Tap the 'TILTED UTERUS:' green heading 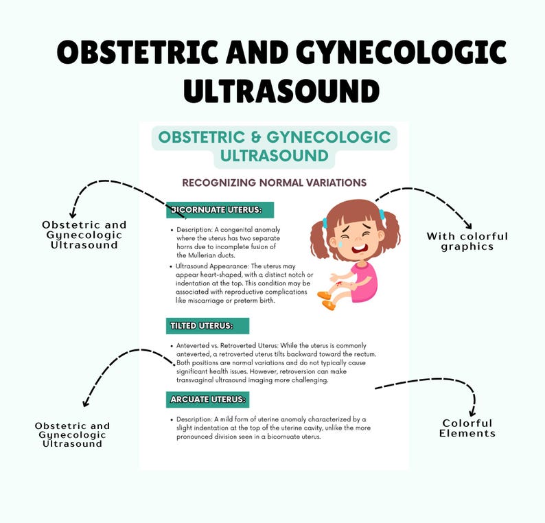pos(207,326)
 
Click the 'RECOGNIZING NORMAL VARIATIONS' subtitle pos(274,183)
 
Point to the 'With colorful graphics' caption pos(467,241)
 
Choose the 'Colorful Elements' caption pos(468,428)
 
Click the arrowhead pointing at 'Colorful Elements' pos(473,410)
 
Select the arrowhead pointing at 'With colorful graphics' pos(467,224)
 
